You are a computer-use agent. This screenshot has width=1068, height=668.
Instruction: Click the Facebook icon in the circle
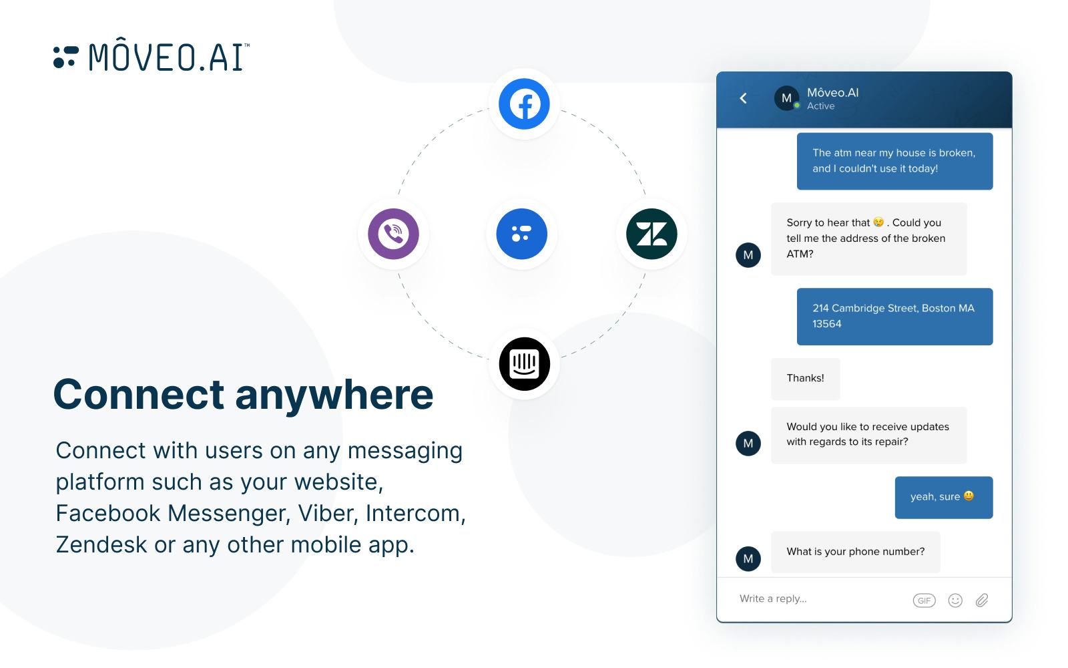[525, 104]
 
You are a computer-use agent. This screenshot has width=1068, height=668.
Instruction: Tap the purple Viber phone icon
[393, 234]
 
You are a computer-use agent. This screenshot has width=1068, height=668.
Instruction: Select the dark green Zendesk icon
[651, 234]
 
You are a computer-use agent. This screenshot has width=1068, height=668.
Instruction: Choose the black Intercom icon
[525, 364]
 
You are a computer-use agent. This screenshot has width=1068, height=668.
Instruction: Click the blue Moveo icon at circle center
[522, 234]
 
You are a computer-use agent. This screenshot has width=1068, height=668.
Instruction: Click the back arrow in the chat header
[744, 98]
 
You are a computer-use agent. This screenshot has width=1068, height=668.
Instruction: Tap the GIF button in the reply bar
[924, 601]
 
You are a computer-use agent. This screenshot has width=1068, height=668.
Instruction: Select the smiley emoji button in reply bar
[955, 601]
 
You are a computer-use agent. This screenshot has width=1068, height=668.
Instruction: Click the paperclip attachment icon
[982, 601]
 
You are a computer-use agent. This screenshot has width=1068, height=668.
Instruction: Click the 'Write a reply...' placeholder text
[773, 599]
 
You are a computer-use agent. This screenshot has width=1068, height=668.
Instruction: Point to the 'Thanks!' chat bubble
[805, 378]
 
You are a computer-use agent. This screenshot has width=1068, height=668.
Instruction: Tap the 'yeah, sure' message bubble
[943, 497]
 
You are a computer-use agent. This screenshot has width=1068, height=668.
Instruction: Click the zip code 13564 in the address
[827, 324]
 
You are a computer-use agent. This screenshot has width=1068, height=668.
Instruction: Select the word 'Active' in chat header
[820, 106]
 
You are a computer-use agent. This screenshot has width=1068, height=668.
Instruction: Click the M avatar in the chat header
[787, 98]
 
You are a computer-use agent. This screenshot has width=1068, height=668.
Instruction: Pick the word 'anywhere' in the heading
[334, 394]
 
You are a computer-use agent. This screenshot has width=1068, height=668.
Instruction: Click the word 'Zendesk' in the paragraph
[101, 544]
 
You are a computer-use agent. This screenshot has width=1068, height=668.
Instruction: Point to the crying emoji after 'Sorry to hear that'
[878, 222]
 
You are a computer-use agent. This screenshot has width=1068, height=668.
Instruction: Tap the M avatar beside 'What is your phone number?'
[748, 558]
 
